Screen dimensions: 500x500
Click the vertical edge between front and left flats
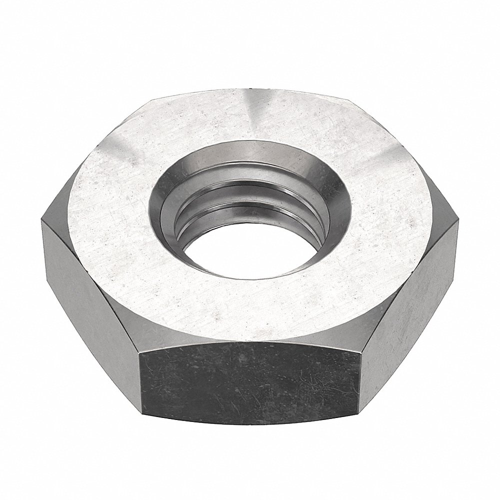coord(139,380)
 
